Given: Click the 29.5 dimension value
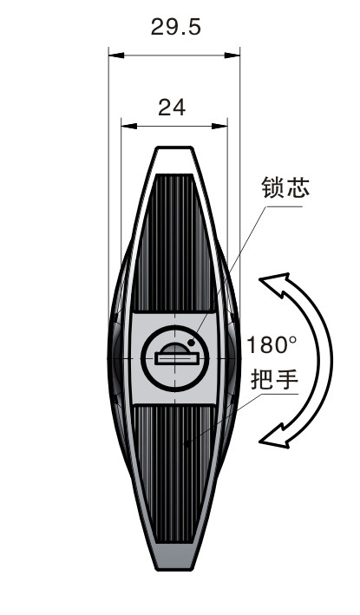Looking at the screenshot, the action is point(176,28).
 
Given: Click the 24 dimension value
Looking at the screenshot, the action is point(172,108).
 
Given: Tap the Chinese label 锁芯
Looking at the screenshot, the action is point(285,187).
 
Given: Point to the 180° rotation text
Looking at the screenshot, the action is point(272,345).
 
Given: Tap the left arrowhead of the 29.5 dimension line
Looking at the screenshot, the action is point(116,56).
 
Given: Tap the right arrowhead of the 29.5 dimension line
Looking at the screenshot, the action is point(232,56).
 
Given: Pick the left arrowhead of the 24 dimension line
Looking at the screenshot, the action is point(128,127).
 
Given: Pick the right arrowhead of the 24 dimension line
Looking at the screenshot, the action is point(219,127).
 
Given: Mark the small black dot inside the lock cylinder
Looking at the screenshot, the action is point(192,343).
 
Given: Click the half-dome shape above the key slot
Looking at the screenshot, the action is point(175,349).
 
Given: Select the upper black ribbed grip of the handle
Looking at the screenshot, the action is point(173,243).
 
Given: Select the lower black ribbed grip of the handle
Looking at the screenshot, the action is point(174,474).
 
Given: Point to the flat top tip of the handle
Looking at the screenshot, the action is point(175,148).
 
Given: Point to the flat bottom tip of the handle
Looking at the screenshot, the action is point(175,568).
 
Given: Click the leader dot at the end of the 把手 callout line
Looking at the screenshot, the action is point(187,444).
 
